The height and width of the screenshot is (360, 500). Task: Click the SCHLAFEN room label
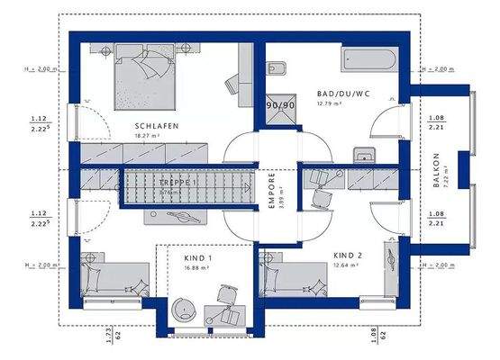coord(154,125)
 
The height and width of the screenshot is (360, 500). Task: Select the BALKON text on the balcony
coord(437,169)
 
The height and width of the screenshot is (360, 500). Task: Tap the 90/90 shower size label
coord(280,105)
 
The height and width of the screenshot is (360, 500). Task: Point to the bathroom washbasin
coord(364,155)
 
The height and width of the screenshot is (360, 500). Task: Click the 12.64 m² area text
coord(346,265)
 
